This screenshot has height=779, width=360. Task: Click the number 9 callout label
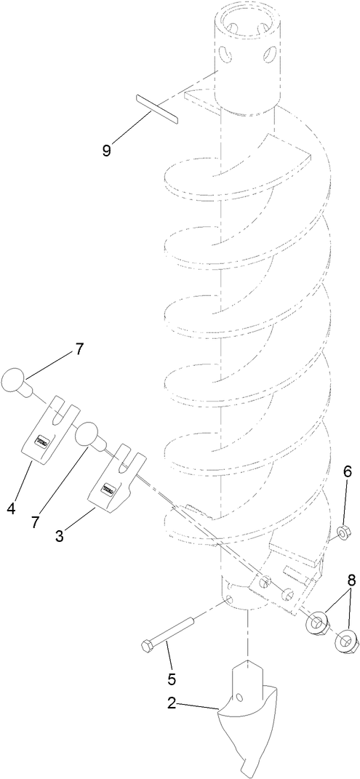point(106,150)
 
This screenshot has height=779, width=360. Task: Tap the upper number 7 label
point(79,349)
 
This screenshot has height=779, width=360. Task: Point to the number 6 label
point(327,471)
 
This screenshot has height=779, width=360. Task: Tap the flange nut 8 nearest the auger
point(316,582)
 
